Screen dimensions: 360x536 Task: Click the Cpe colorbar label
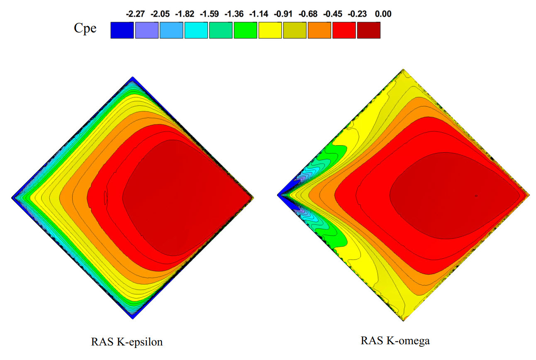pos(85,29)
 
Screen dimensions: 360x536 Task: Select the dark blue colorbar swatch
pos(122,30)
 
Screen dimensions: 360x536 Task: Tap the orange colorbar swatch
pos(319,30)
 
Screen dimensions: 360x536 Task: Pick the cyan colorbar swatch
pos(196,30)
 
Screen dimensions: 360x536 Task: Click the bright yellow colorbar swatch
pos(270,30)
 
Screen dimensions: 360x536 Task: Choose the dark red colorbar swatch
pos(369,30)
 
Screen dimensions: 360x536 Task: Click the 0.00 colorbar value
pos(383,14)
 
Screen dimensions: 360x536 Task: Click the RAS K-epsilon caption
pos(127,343)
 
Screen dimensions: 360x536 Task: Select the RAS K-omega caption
pos(395,341)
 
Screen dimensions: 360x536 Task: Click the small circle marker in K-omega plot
pos(476,196)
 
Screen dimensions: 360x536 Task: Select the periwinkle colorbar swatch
pos(147,30)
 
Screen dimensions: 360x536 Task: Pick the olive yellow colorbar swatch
pos(295,30)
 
